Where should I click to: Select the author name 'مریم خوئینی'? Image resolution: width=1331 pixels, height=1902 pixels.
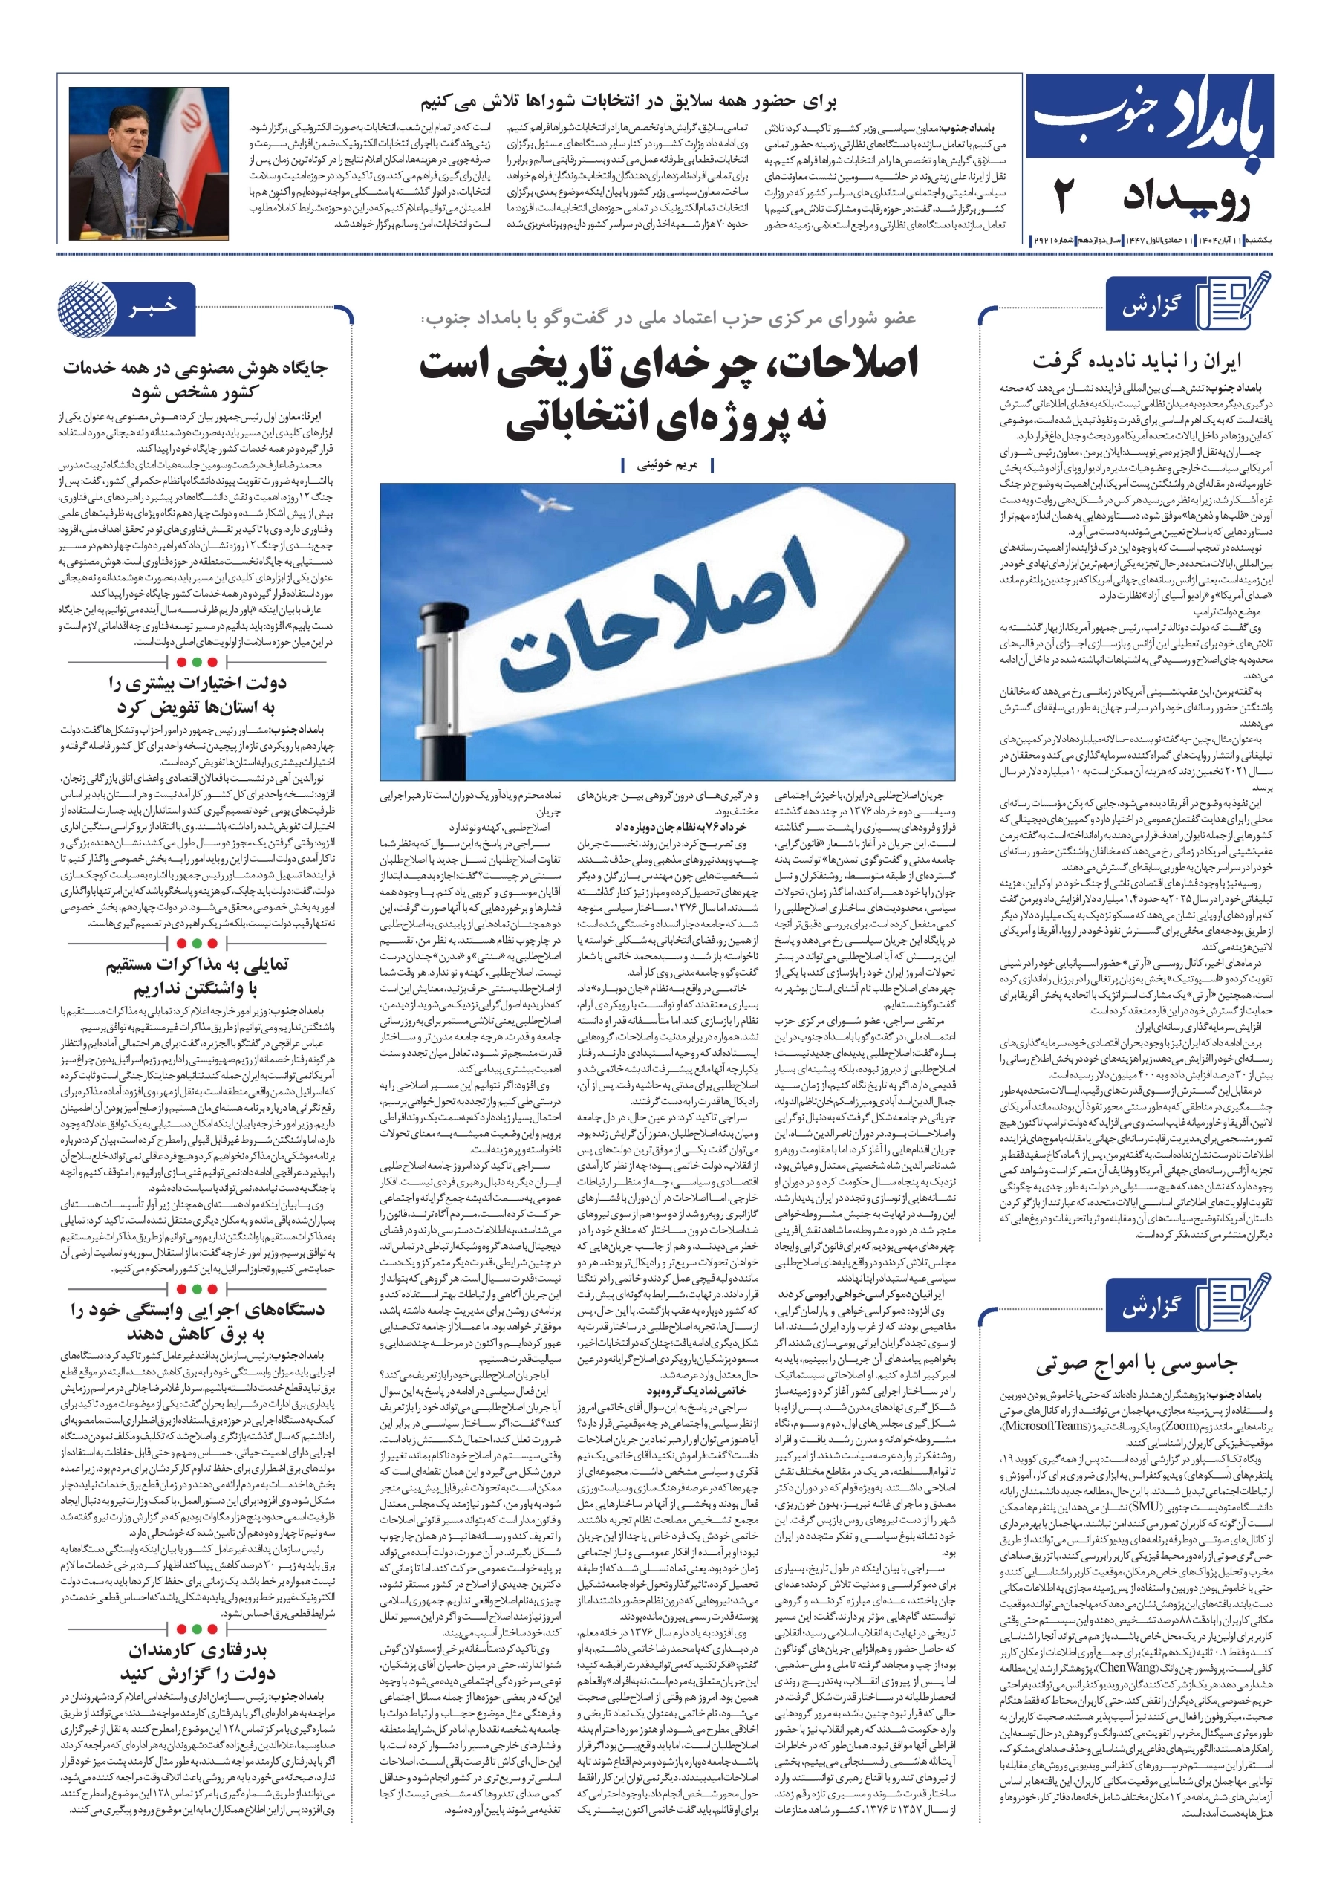click(668, 466)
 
